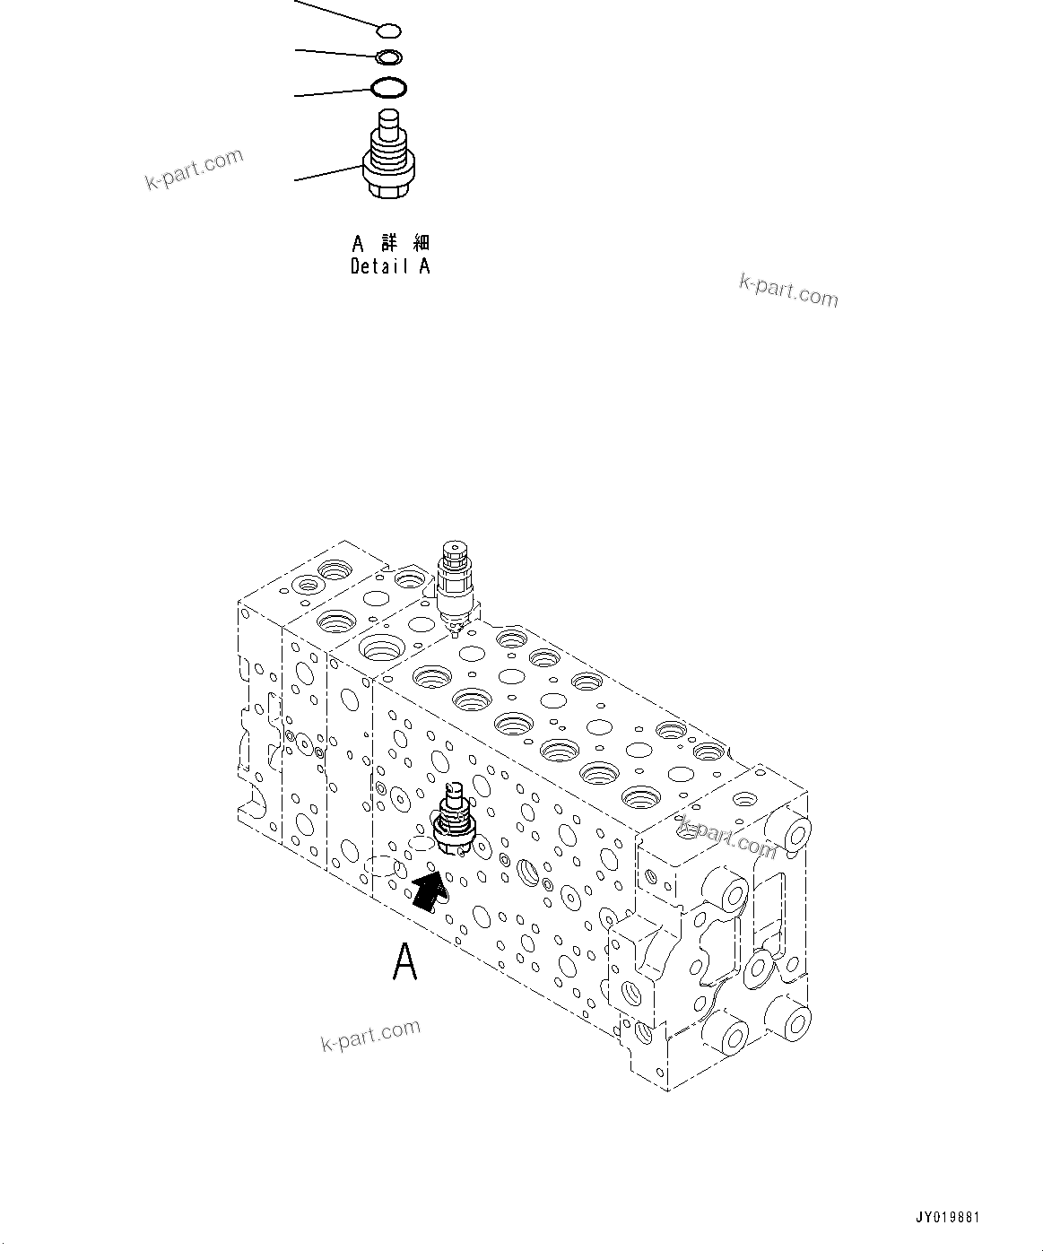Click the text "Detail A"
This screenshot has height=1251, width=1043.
(x=390, y=266)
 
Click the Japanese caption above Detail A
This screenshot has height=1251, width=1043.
(x=390, y=243)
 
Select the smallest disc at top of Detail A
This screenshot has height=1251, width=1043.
(x=387, y=32)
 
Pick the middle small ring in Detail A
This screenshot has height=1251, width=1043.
(x=388, y=58)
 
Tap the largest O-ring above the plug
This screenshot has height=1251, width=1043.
(x=388, y=89)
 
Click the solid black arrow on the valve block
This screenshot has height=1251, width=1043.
(x=429, y=892)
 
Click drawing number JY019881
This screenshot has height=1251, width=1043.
(x=947, y=1218)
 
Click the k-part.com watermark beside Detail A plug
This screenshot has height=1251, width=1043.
(x=194, y=169)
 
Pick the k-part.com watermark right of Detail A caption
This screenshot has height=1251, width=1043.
(x=788, y=291)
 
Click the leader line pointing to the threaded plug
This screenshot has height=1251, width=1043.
(x=327, y=174)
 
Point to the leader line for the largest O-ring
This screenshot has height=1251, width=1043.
(x=332, y=93)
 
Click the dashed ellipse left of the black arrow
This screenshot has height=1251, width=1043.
(x=381, y=867)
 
